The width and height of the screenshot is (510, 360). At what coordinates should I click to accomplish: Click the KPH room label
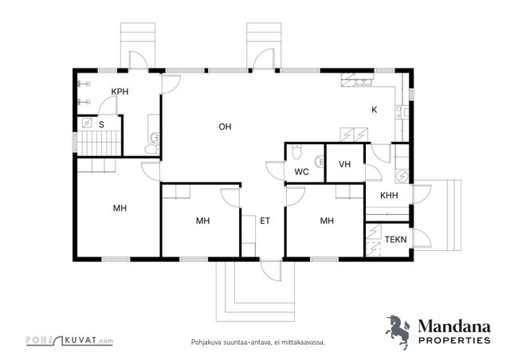[120, 92]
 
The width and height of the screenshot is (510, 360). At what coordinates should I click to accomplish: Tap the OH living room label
[225, 127]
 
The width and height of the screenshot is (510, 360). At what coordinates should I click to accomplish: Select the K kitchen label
[375, 110]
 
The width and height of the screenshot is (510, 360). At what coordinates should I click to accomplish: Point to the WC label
[301, 172]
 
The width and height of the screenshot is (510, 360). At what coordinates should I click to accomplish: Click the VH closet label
[345, 164]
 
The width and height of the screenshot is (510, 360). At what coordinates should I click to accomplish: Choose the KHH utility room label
[389, 195]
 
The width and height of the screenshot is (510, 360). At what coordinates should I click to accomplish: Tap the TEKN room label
[395, 240]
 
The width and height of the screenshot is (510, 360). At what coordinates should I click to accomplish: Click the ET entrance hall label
[265, 221]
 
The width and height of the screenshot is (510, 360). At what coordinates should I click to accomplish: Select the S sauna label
[101, 124]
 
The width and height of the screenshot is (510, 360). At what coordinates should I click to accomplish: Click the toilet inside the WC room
[296, 151]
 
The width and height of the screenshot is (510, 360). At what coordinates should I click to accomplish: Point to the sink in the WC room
[320, 162]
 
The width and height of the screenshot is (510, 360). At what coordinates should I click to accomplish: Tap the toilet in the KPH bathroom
[152, 149]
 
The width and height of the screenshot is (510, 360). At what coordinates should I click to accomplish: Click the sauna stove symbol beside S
[87, 123]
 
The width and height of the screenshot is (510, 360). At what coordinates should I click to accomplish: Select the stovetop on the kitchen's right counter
[398, 112]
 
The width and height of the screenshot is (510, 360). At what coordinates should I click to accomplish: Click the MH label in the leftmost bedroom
[120, 208]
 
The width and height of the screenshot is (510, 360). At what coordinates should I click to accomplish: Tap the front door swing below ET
[271, 271]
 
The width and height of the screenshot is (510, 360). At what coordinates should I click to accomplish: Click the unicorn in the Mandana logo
[398, 331]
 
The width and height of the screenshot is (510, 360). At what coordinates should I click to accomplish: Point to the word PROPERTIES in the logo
[454, 341]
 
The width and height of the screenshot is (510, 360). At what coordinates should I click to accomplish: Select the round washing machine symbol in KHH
[402, 176]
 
